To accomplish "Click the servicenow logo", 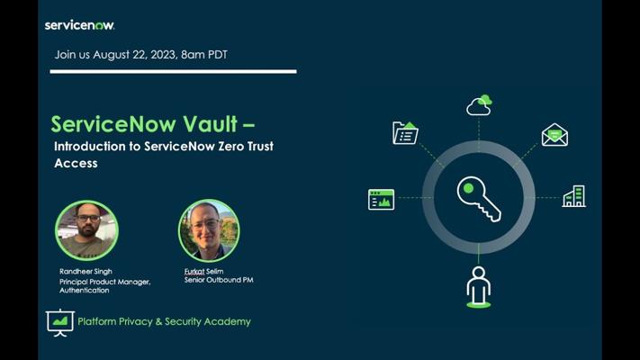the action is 79,25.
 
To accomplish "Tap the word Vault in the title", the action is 210,124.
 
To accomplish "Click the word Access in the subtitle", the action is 76,163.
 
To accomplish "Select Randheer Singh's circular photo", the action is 86,230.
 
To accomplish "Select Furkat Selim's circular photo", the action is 209,230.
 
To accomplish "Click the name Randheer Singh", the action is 86,272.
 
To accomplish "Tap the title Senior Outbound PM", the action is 219,280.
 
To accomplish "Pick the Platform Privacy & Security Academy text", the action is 164,321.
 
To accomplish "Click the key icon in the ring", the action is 479,199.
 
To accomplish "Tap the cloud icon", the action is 479,105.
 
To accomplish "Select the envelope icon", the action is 554,135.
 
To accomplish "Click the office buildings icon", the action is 574,196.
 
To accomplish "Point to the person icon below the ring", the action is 478,287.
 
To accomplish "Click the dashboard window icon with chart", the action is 382,200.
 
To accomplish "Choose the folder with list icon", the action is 405,133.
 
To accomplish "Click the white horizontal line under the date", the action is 174,71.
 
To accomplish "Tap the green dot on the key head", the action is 469,188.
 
